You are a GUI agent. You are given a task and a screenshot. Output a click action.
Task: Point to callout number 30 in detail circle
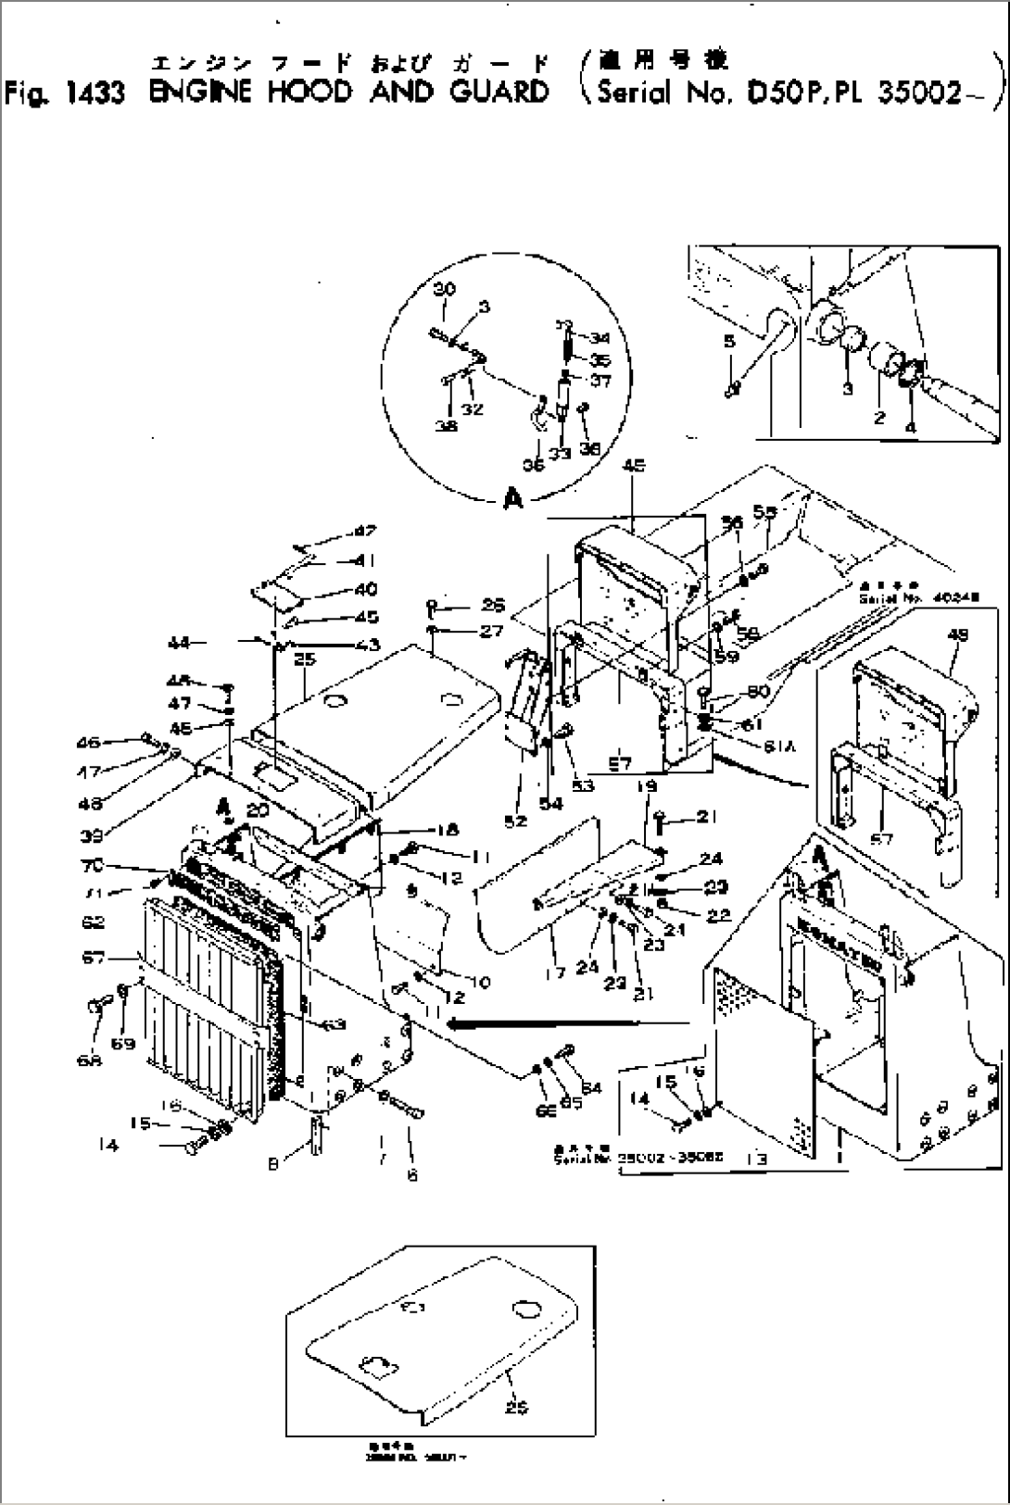(x=445, y=289)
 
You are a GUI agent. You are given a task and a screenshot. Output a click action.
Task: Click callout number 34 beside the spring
(x=600, y=339)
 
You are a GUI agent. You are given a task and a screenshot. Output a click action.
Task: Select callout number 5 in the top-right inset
(x=729, y=342)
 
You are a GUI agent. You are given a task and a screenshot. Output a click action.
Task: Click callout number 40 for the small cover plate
(x=365, y=589)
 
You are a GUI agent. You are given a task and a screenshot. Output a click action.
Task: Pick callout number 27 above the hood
(x=491, y=631)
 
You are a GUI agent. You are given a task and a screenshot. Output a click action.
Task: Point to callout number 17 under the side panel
(x=554, y=949)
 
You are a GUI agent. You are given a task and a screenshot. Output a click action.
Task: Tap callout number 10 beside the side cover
(x=480, y=982)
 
